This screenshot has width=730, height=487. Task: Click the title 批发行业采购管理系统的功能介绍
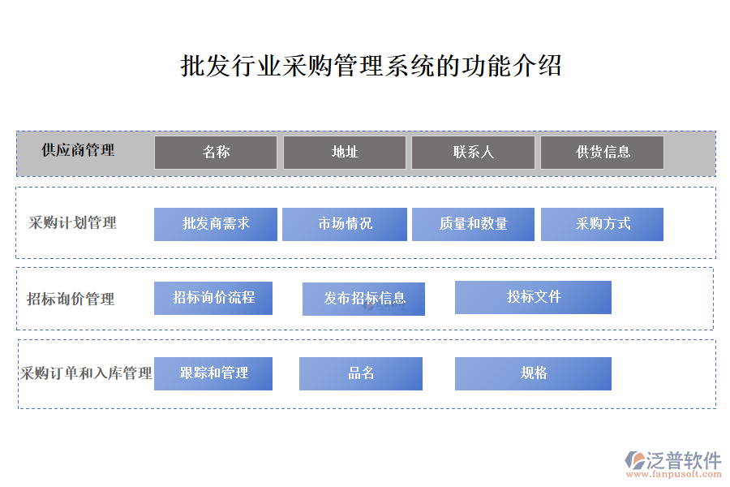tap(371, 65)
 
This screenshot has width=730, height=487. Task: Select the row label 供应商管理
tap(78, 150)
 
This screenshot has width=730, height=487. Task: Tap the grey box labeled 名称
tap(216, 153)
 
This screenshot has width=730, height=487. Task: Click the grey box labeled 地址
tap(345, 153)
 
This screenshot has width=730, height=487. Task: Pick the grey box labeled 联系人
tap(473, 153)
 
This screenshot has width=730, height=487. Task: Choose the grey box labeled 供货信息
tap(602, 153)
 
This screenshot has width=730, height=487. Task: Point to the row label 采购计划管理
tap(72, 222)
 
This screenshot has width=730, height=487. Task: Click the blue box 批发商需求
tap(216, 224)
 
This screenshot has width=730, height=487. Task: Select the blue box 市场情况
tap(345, 224)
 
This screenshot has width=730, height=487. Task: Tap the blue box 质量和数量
tap(473, 224)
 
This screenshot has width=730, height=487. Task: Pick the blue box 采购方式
tap(602, 224)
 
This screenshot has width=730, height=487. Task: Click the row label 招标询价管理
tap(71, 299)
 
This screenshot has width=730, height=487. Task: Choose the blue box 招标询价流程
tap(213, 298)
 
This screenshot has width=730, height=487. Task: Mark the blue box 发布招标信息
tap(363, 300)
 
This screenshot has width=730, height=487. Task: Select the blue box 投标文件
tap(533, 297)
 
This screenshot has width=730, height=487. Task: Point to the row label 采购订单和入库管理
tap(86, 373)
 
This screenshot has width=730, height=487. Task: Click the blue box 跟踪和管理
tap(213, 373)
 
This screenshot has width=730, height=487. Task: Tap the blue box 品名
tap(361, 373)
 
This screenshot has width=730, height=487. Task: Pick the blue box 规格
tap(533, 373)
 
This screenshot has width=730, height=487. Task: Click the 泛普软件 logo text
tap(684, 460)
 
